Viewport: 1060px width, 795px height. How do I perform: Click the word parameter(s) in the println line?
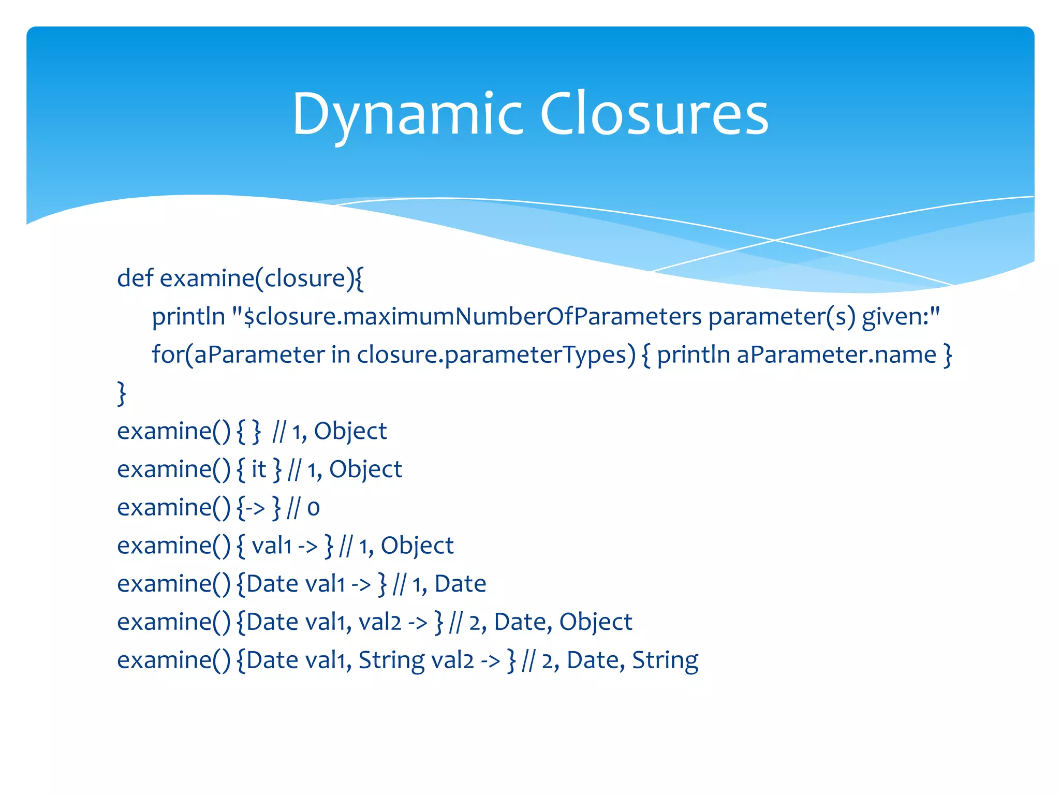pyautogui.click(x=781, y=316)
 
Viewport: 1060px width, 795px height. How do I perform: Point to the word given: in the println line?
pyautogui.click(x=900, y=316)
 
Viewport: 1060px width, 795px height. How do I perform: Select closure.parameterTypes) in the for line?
pyautogui.click(x=496, y=355)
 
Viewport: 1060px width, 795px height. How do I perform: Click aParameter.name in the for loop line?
pyautogui.click(x=836, y=355)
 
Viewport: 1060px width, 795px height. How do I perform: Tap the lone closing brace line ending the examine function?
pyautogui.click(x=122, y=393)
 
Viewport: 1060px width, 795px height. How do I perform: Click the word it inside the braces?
pyautogui.click(x=258, y=469)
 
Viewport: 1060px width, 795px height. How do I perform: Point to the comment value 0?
pyautogui.click(x=313, y=508)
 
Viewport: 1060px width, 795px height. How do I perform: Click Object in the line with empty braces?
pyautogui.click(x=350, y=431)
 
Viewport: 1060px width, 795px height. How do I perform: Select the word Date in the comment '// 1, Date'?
pyautogui.click(x=460, y=584)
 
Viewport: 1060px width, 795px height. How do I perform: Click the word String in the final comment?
pyautogui.click(x=665, y=660)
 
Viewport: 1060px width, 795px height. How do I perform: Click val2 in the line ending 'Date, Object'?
pyautogui.click(x=380, y=622)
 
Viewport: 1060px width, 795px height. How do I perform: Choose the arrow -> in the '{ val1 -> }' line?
pyautogui.click(x=307, y=546)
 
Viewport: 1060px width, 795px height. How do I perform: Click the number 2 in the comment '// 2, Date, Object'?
pyautogui.click(x=475, y=622)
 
